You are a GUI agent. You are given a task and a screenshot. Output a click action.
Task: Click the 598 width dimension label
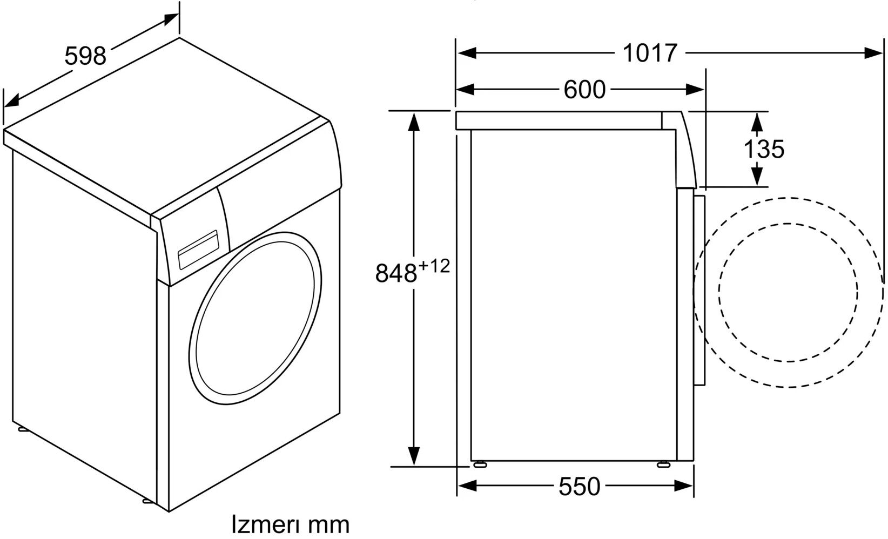click(85, 56)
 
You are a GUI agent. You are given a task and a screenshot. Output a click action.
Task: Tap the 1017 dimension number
click(650, 53)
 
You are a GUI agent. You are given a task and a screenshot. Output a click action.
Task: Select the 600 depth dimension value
click(584, 89)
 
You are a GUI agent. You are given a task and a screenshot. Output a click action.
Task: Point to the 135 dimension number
click(764, 149)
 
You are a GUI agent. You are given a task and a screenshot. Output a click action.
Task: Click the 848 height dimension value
click(396, 273)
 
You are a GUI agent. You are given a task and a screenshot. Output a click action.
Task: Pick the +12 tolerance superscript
click(434, 266)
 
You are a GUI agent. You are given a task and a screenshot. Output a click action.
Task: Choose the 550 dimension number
click(579, 486)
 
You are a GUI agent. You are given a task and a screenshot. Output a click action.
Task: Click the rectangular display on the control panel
click(198, 250)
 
